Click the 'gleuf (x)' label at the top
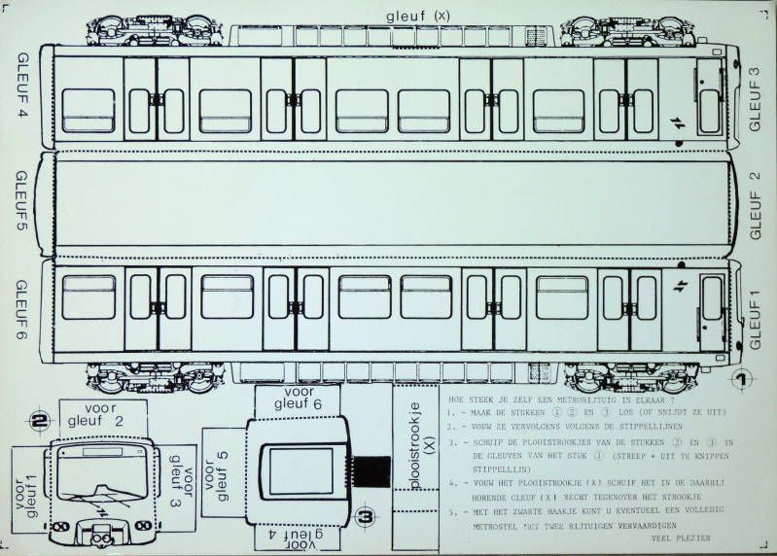pos(418,16)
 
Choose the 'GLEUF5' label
pos(22,206)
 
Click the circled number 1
pos(742,380)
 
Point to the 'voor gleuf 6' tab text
pos(296,398)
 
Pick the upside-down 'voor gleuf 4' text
pos(294,537)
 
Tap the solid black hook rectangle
pos(371,473)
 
